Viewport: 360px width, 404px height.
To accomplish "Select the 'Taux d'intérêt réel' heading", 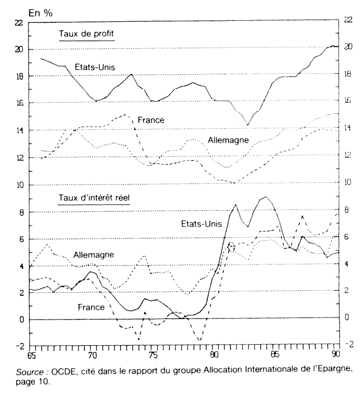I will point(94,197).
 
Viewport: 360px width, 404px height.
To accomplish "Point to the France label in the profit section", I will point(150,120).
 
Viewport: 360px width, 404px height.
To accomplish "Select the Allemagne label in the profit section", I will point(227,141).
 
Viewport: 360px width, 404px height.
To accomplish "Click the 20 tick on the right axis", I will point(348,46).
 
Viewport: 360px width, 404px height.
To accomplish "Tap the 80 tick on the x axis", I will point(213,354).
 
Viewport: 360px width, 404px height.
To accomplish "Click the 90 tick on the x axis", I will point(336,354).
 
